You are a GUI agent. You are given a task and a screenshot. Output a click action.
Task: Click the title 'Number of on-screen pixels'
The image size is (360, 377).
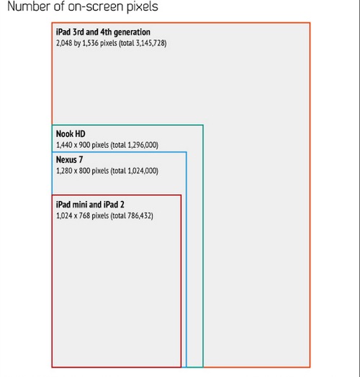83,6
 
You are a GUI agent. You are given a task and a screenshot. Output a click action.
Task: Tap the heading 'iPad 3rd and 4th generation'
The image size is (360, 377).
103,32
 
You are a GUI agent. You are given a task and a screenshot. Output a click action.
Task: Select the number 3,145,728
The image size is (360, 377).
150,43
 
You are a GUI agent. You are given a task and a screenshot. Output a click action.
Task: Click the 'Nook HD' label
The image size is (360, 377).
71,134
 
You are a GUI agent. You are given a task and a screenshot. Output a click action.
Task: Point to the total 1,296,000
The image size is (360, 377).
142,145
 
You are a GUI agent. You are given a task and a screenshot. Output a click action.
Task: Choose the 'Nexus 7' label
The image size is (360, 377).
69,159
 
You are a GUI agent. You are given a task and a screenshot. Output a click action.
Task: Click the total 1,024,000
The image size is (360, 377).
142,171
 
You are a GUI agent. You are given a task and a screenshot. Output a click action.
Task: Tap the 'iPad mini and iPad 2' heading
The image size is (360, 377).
90,205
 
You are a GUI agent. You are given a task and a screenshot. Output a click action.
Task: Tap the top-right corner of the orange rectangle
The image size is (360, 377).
310,23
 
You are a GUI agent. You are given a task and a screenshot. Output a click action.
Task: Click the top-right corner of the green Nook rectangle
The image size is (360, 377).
203,125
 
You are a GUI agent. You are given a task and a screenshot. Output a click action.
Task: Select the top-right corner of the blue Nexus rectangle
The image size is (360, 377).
186,152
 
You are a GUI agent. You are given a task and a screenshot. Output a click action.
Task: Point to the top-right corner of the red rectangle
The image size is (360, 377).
181,195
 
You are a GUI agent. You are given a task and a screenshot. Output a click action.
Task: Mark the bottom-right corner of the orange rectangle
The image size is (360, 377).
310,367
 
